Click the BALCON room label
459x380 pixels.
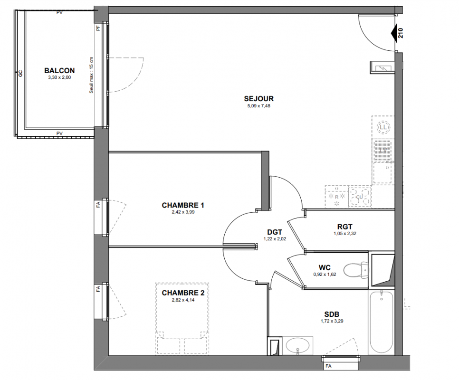coord(59,70)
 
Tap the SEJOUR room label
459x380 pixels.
coord(259,99)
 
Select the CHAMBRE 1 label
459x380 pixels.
coord(183,205)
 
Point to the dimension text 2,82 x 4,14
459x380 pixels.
coord(183,300)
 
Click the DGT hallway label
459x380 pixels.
coord(275,232)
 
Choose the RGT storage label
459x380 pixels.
coord(345,227)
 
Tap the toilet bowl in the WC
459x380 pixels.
coord(355,270)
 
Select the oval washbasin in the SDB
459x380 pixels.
coord(297,345)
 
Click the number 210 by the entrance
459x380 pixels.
coord(401,33)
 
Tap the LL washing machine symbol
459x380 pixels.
coord(383,127)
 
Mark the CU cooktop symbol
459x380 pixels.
coord(360,197)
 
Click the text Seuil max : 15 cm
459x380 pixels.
coord(91,75)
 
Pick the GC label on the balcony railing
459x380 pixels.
coord(20,73)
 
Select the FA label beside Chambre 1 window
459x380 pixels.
coord(98,204)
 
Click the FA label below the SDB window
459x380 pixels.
coord(328,366)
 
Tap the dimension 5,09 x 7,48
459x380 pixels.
coord(259,106)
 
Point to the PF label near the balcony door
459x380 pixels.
coord(98,28)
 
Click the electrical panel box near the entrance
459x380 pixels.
coord(382,68)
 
